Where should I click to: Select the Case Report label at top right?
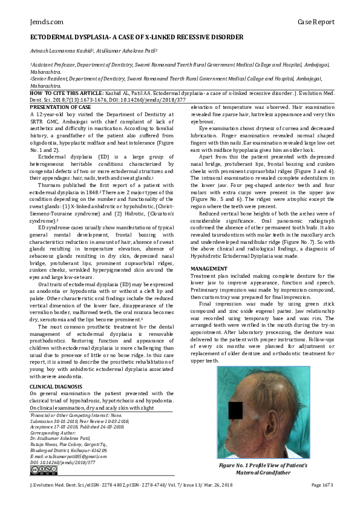[x=316, y=22]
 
